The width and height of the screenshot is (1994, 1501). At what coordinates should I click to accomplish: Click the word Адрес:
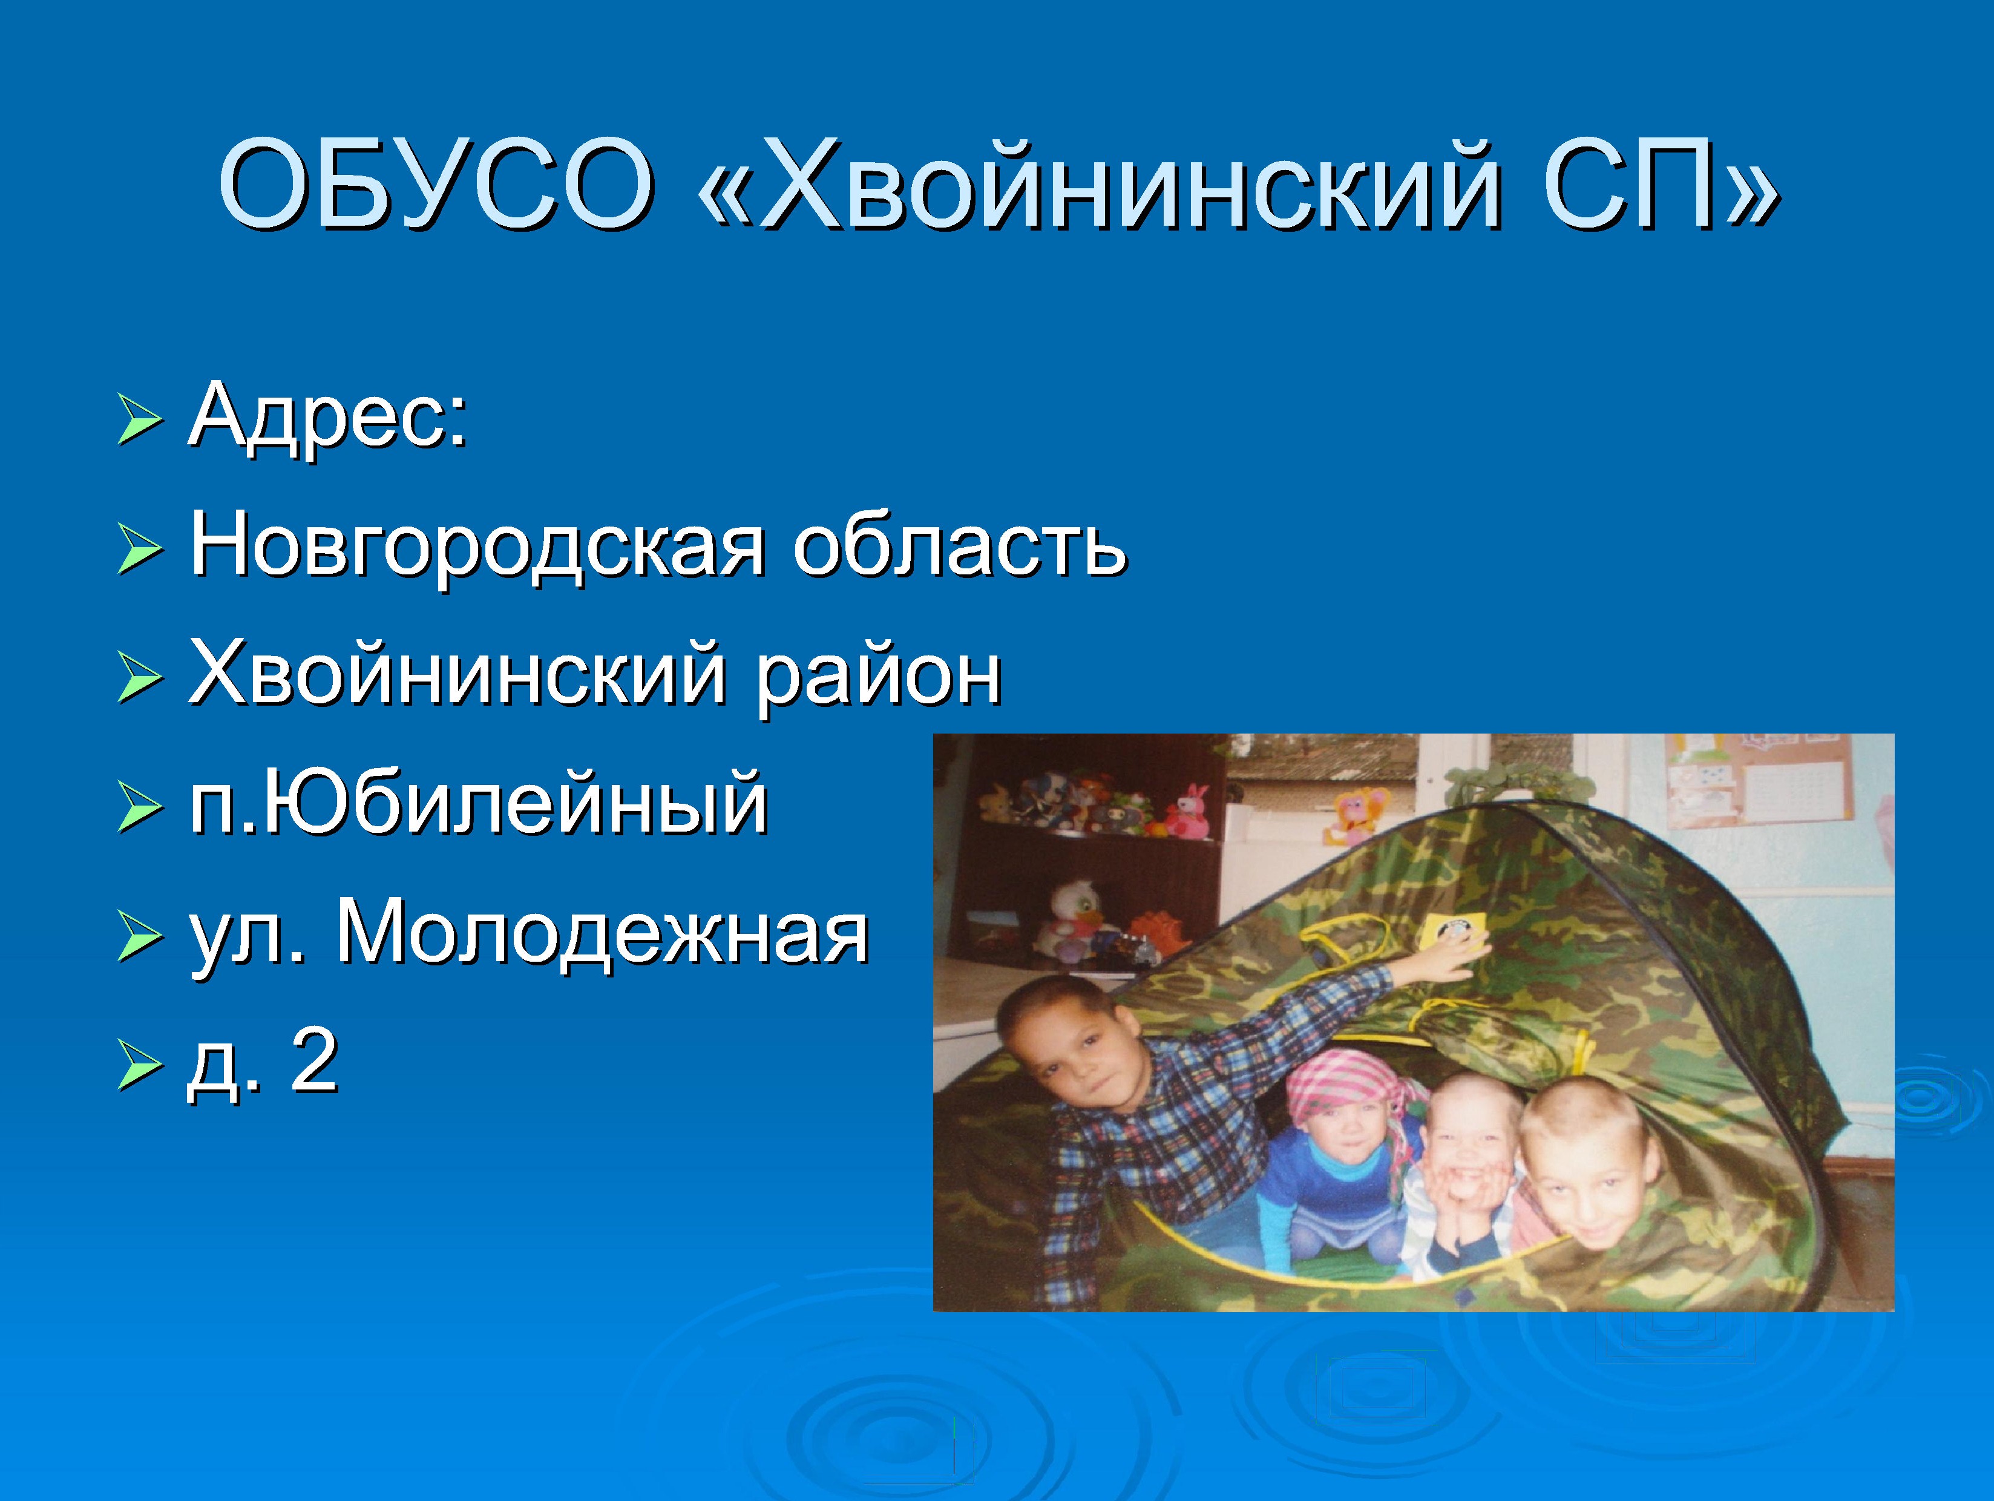click(329, 416)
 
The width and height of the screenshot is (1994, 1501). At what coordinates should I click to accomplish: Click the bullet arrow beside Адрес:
click(140, 421)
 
